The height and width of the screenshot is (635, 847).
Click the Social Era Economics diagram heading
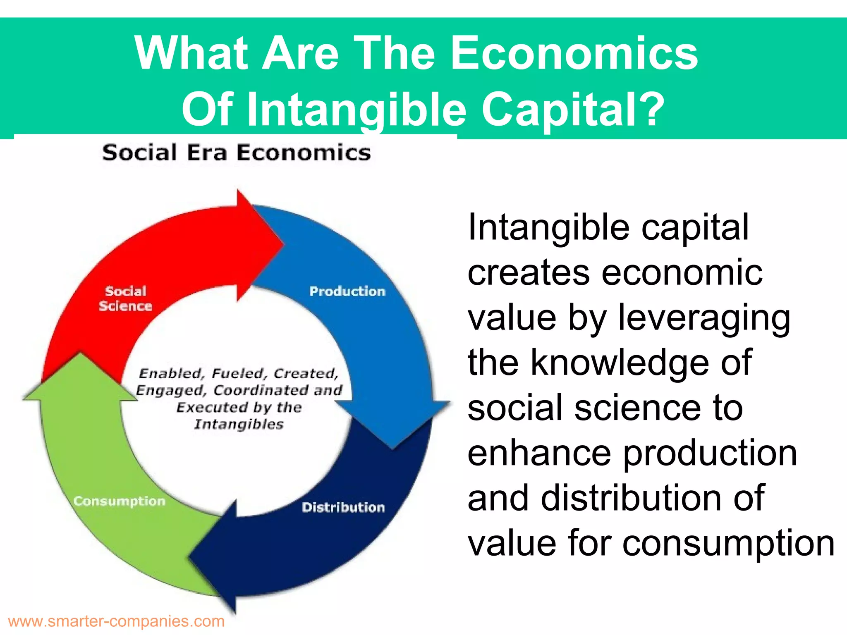[x=237, y=153]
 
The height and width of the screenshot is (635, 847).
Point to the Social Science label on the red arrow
[x=125, y=298]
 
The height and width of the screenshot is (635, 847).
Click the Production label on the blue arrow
[x=347, y=291]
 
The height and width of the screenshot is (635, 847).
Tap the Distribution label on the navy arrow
[x=343, y=507]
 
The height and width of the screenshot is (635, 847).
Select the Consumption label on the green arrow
[x=120, y=501]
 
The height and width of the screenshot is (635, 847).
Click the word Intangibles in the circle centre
[x=239, y=424]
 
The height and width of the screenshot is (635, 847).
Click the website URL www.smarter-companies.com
[x=116, y=621]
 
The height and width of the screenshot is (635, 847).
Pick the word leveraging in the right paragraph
[x=704, y=318]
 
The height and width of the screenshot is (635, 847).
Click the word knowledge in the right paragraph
[x=641, y=363]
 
